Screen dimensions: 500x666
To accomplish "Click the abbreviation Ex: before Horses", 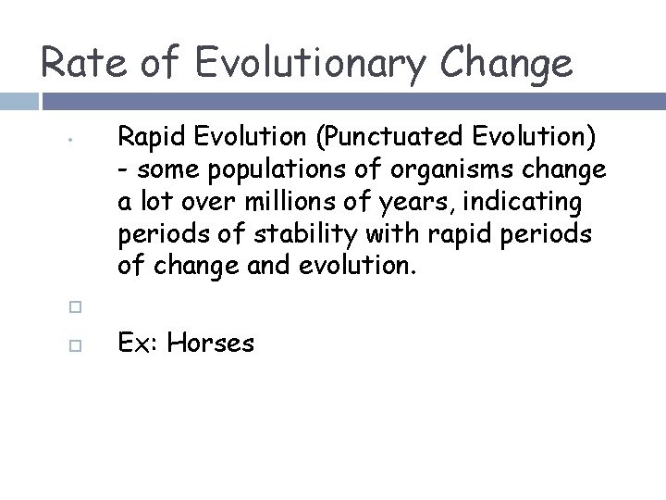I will [138, 344].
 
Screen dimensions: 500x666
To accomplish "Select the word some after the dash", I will [159, 171].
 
